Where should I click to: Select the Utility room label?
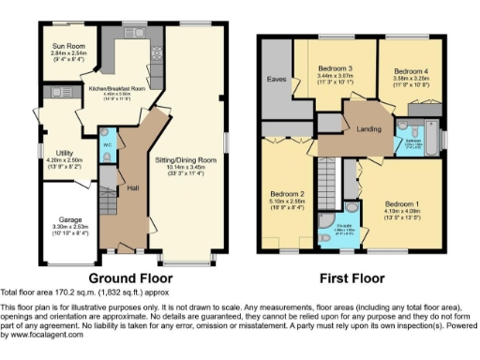(x=65, y=152)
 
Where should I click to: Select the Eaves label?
(x=277, y=79)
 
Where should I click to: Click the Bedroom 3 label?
(x=334, y=68)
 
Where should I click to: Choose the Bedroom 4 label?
(x=412, y=72)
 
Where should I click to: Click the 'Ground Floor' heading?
(x=128, y=277)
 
